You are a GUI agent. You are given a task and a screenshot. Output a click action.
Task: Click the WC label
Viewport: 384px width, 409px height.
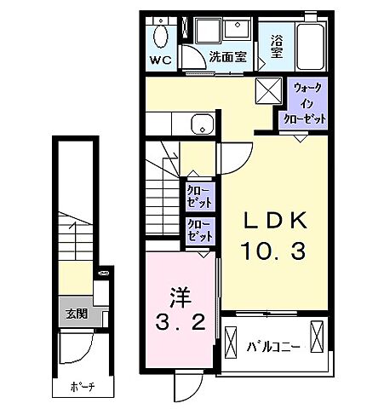[161, 60]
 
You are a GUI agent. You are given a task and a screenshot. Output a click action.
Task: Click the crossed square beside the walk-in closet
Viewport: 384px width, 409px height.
[268, 89]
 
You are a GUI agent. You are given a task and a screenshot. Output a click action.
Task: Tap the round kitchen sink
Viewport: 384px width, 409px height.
[203, 124]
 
